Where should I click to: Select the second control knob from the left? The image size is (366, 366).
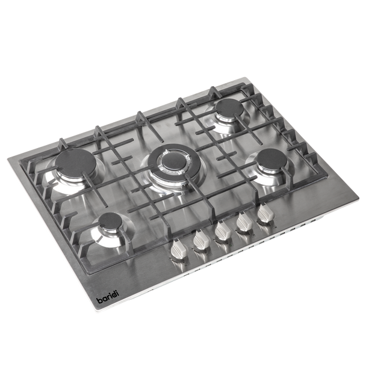tap(200, 240)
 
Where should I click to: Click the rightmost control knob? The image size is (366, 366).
tap(265, 213)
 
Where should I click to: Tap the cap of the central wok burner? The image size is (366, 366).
tap(173, 161)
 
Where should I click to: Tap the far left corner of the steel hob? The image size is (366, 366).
tap(7, 158)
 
